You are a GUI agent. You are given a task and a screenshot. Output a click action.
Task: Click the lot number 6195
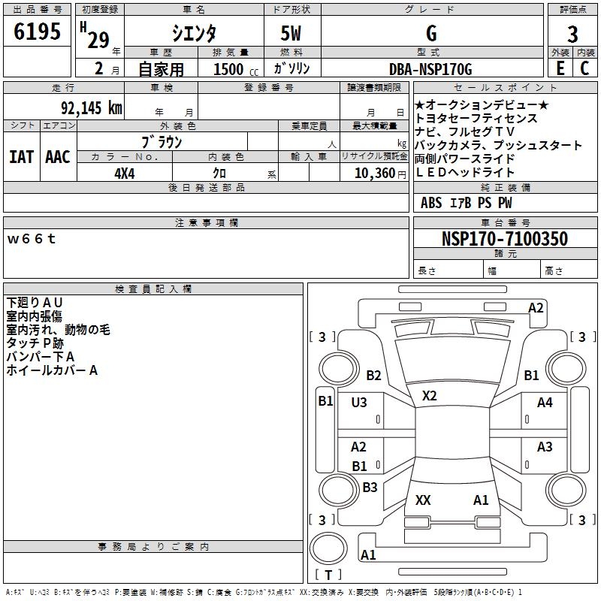(x=38, y=32)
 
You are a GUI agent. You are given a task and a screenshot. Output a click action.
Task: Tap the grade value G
(x=430, y=33)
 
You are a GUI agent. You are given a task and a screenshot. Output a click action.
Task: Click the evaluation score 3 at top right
(x=572, y=34)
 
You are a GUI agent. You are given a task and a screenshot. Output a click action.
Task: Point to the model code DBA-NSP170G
(x=430, y=70)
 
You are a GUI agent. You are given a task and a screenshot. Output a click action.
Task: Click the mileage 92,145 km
(x=89, y=107)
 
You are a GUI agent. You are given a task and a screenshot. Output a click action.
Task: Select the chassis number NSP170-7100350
(x=504, y=239)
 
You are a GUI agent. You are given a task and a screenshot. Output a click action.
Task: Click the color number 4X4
(x=125, y=173)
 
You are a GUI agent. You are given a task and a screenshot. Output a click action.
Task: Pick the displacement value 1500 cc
(x=234, y=70)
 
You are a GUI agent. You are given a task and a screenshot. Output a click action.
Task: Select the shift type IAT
(x=21, y=156)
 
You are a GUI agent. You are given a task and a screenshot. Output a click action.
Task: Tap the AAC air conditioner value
(x=58, y=156)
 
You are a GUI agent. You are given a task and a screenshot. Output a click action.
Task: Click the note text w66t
(x=32, y=239)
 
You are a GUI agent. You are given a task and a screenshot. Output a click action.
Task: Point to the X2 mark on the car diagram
(x=430, y=395)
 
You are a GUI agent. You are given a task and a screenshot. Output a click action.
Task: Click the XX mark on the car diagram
(x=423, y=500)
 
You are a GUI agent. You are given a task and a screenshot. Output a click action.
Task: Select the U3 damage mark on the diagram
(x=359, y=403)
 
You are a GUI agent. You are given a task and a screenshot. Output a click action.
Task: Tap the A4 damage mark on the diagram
(x=545, y=403)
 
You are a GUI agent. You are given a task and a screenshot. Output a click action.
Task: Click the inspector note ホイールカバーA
(x=52, y=370)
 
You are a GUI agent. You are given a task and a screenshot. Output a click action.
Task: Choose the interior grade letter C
(x=584, y=69)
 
